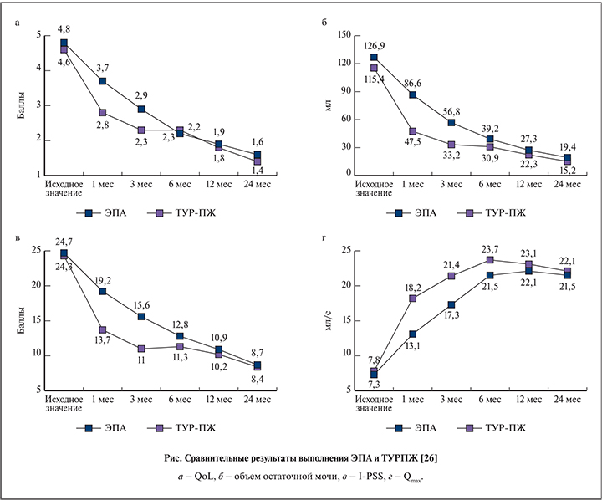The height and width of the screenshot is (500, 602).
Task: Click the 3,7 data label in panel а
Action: (x=103, y=67)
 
